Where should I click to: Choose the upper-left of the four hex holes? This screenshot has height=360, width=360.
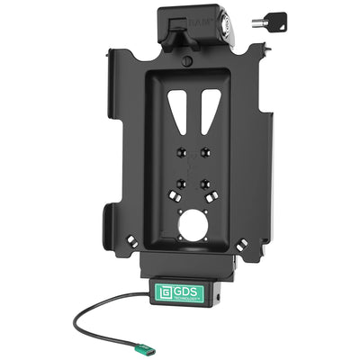pyautogui.click(x=180, y=150)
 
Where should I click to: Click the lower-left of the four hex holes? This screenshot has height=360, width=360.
pyautogui.click(x=182, y=182)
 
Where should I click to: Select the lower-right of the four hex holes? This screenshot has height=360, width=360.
pyautogui.click(x=207, y=181)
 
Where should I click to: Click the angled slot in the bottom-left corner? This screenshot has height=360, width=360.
pyautogui.click(x=131, y=240)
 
